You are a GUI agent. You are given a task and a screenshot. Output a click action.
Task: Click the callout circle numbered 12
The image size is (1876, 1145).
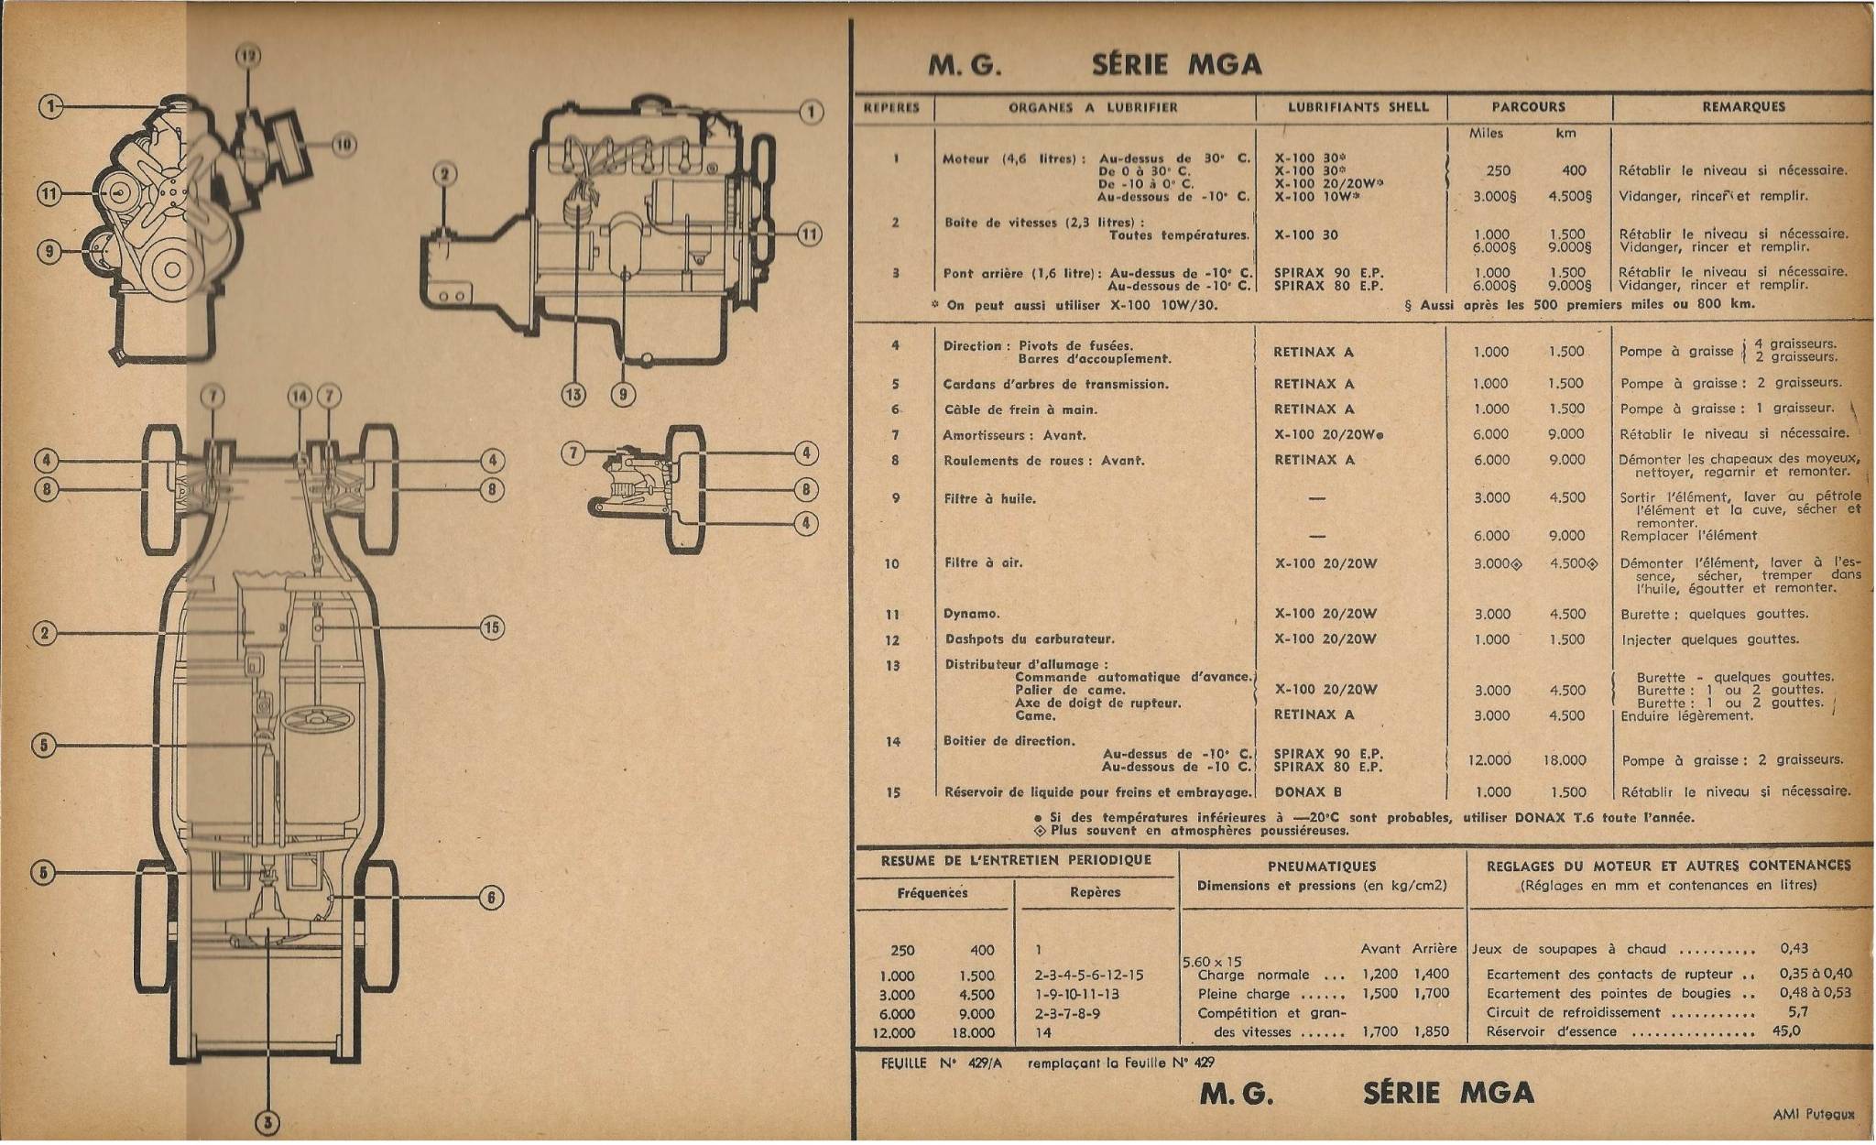[x=248, y=57]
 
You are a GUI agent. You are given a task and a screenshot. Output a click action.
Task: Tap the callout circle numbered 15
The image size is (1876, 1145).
[x=492, y=627]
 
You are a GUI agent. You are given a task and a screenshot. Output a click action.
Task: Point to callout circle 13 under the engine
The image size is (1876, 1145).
[x=573, y=395]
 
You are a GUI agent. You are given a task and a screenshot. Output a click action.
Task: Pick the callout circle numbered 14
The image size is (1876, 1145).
[x=300, y=397]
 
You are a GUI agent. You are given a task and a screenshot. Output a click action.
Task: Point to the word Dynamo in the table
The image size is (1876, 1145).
[x=972, y=614]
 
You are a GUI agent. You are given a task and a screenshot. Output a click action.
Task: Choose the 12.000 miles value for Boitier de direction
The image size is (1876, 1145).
[x=1489, y=760]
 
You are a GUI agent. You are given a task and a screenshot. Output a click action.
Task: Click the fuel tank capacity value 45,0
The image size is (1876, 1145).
[x=1786, y=1030]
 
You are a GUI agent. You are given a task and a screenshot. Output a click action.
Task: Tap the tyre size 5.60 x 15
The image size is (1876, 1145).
[x=1212, y=962]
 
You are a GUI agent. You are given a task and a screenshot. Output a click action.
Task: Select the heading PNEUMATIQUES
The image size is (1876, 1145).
[x=1323, y=866]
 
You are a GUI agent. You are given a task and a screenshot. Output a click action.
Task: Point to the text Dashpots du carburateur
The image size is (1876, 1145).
[x=1029, y=639]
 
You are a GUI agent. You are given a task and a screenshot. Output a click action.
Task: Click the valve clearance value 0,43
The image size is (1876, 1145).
[x=1794, y=949]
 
